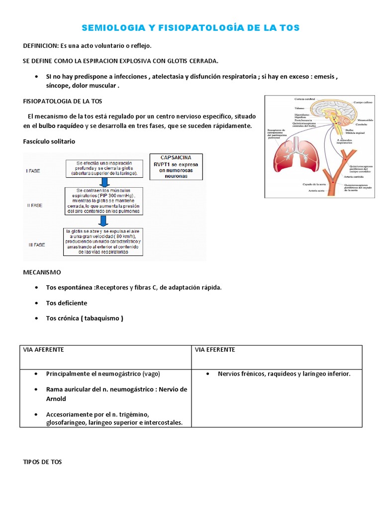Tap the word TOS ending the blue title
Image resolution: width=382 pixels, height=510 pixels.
pos(289,28)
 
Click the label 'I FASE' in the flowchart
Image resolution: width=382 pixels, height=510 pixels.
pos(33,170)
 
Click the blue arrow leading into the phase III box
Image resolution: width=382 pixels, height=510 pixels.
pos(103,220)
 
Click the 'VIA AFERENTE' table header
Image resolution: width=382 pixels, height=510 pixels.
pos(44,350)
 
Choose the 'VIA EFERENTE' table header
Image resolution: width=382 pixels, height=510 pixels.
pos(215,350)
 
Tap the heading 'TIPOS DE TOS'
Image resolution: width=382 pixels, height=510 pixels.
pos(42,462)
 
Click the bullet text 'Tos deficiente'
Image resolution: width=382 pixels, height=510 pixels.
pos(66,303)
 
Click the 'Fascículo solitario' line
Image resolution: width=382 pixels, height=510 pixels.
pos(49,141)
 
